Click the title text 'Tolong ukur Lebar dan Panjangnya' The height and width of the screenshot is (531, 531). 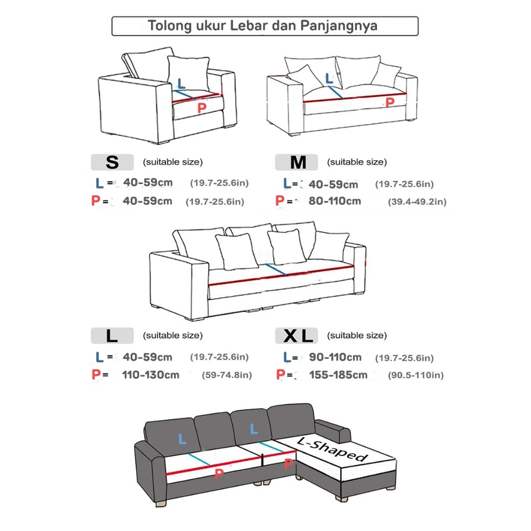tap(264, 26)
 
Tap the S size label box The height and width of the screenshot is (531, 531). tap(113, 162)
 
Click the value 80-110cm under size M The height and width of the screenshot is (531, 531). tap(334, 201)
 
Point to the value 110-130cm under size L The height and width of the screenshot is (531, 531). tap(150, 374)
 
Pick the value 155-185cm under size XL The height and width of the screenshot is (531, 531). tap(338, 374)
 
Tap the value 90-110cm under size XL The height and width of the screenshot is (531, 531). tap(335, 357)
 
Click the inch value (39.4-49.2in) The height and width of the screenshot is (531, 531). tap(417, 202)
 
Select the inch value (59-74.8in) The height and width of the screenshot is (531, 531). tap(227, 375)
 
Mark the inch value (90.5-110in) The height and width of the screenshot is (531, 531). tap(416, 375)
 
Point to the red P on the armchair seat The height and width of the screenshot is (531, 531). tap(203, 108)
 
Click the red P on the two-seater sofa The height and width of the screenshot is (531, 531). tap(389, 103)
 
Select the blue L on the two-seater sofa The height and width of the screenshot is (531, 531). tap(329, 79)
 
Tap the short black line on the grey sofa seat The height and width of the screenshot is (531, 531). tap(263, 459)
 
